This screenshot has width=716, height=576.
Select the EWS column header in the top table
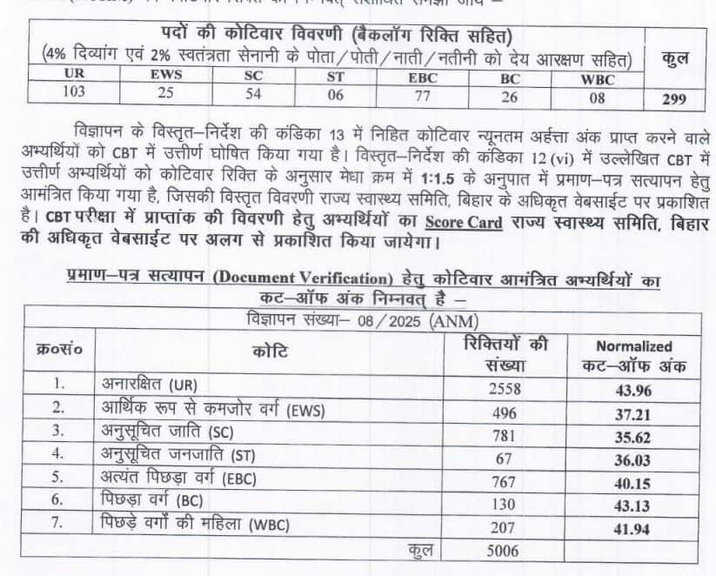tap(166, 76)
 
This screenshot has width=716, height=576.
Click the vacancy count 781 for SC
tap(507, 430)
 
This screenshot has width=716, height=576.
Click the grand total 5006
tap(507, 551)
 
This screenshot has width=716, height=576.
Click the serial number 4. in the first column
tap(58, 453)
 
